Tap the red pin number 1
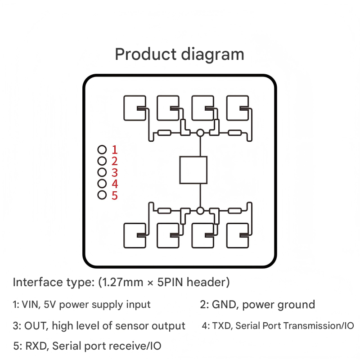114,149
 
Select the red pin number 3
114,172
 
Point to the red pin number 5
114,195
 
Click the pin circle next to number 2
102,161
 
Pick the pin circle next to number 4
102,184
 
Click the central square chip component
193,170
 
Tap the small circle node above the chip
200,133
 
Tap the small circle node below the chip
200,210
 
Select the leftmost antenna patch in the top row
135,108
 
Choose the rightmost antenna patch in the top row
237,108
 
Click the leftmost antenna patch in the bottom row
135,235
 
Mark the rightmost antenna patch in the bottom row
237,235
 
